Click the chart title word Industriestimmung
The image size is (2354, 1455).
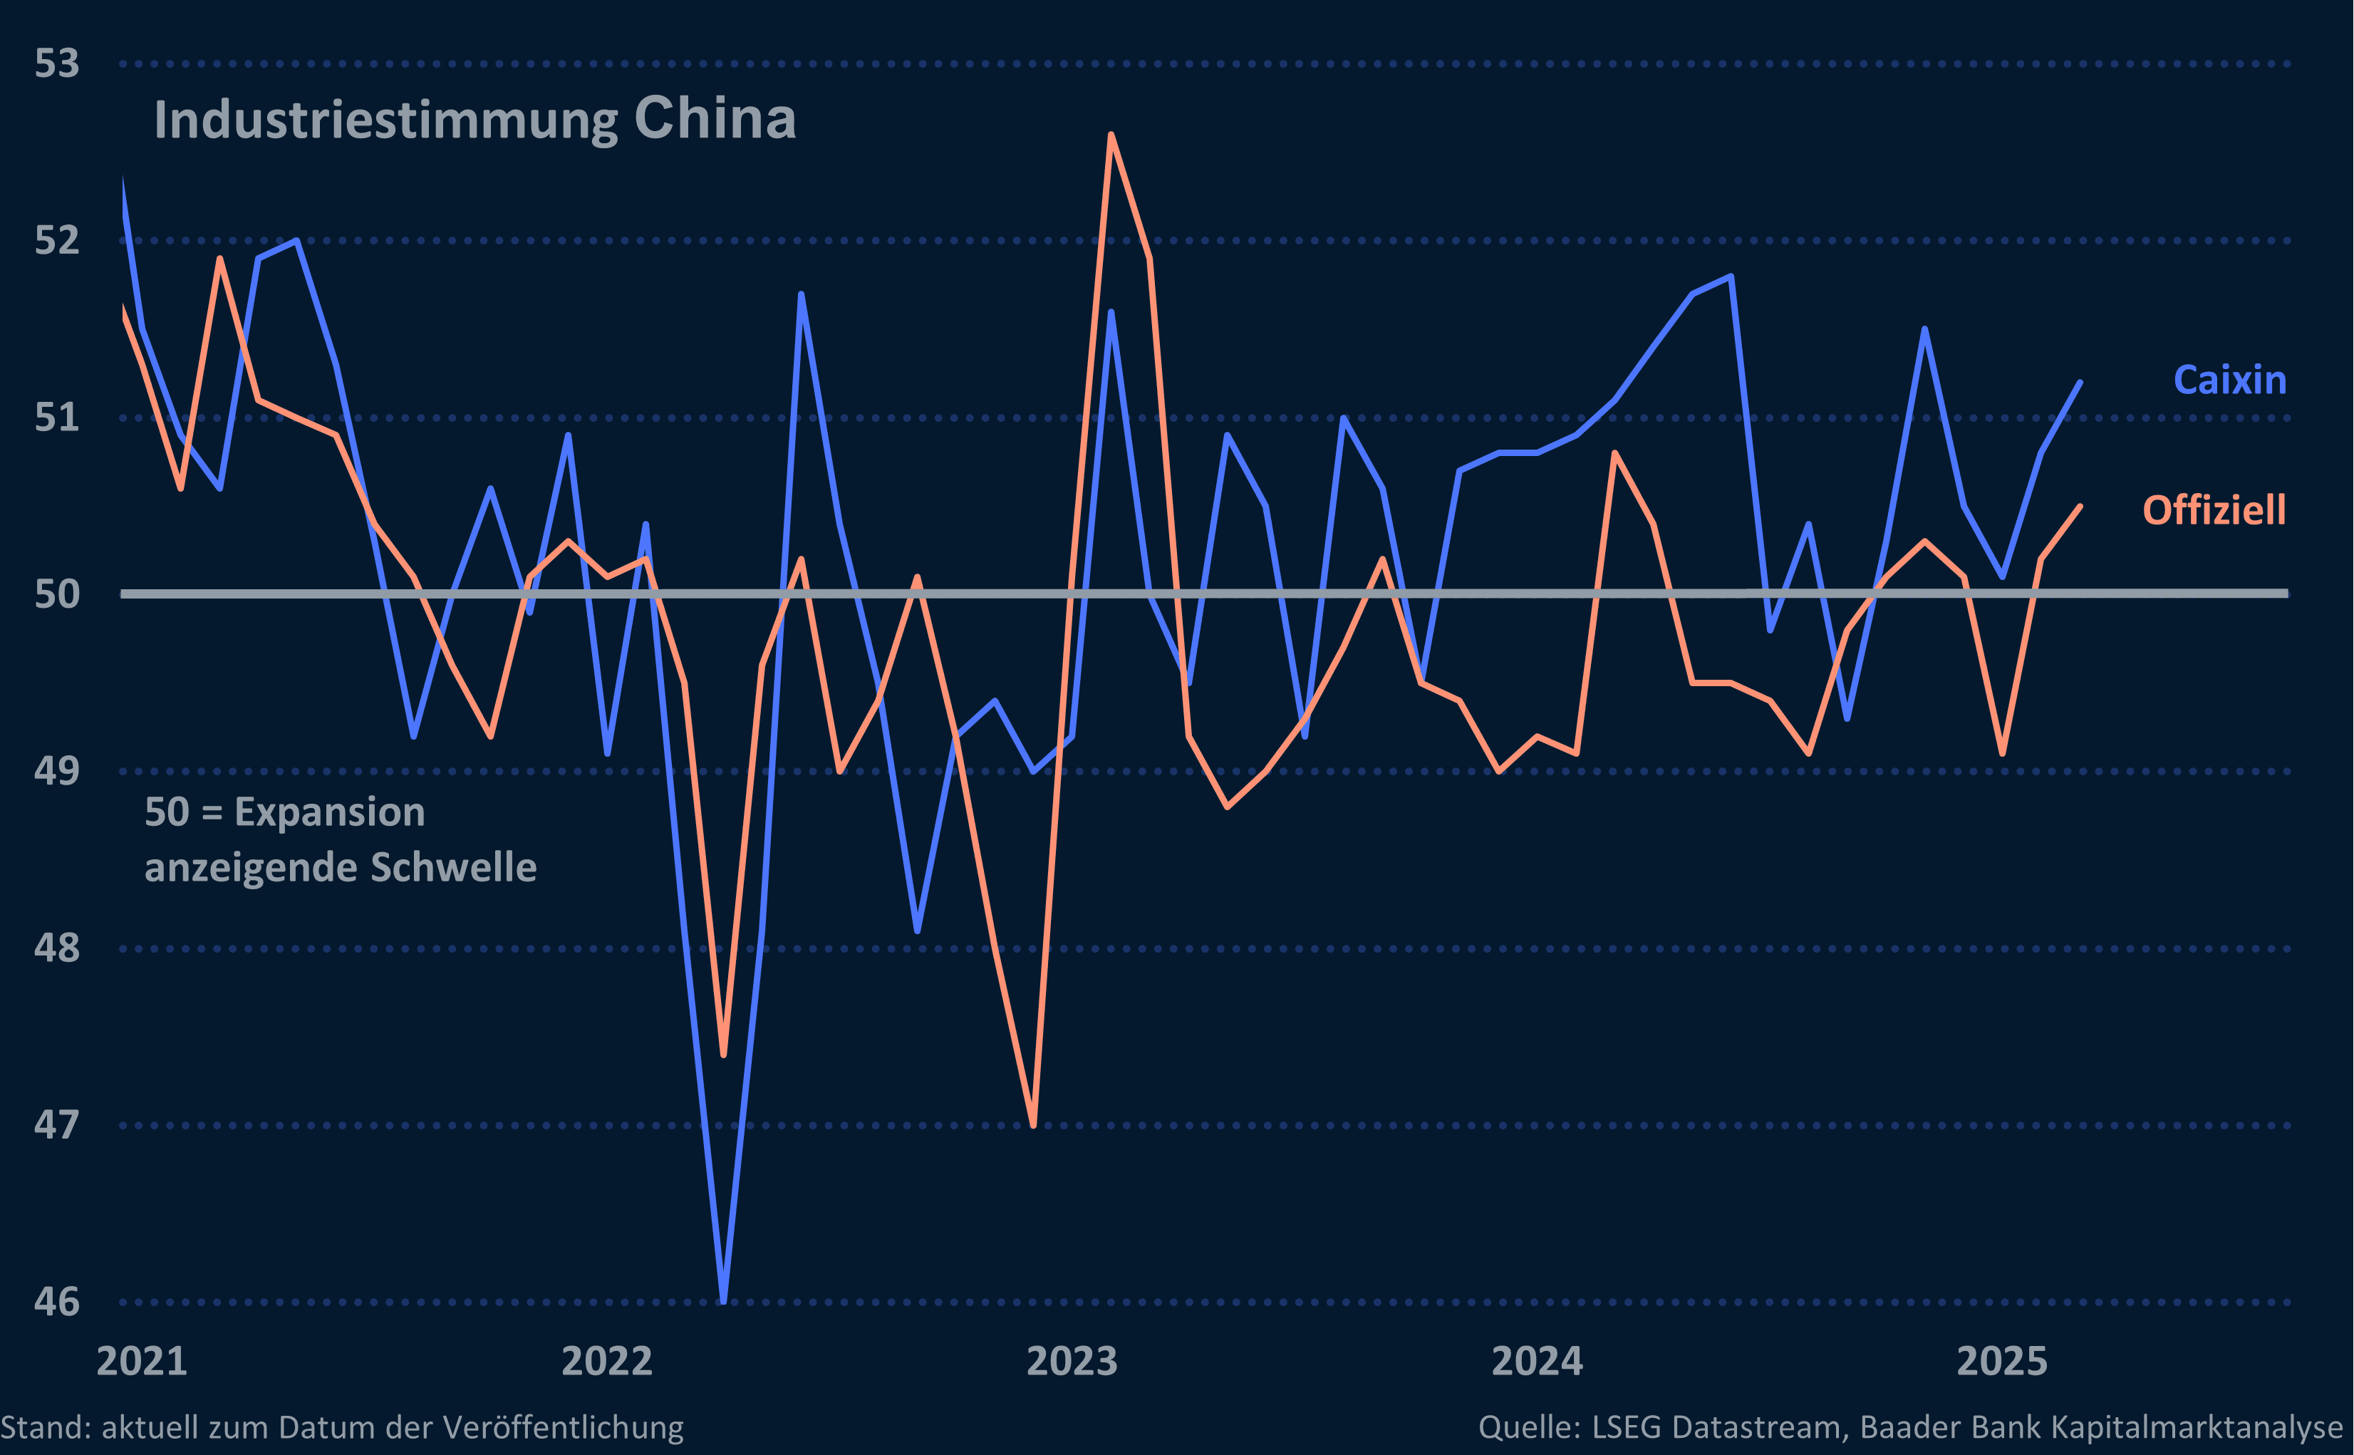385,121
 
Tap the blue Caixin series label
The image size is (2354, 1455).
2229,380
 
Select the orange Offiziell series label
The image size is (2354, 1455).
2214,510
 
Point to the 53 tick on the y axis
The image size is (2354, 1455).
57,63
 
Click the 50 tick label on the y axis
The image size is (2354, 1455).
57,594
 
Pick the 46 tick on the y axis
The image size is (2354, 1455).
57,1302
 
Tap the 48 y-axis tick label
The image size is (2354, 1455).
57,948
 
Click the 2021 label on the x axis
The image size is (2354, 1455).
142,1361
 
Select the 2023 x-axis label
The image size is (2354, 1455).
1072,1361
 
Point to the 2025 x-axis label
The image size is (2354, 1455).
2002,1361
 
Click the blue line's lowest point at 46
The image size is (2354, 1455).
723,1300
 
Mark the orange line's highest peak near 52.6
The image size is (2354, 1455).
1111,135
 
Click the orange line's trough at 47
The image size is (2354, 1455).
1033,1124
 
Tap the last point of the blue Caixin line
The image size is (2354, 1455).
2080,383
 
